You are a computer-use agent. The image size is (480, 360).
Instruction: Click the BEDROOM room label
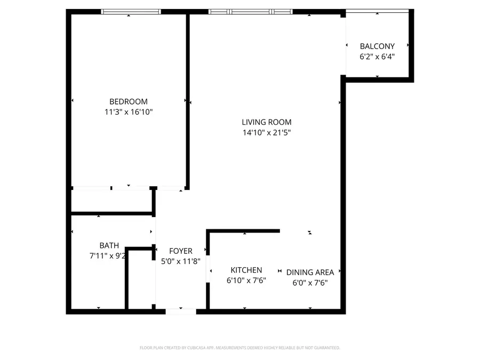point(128,101)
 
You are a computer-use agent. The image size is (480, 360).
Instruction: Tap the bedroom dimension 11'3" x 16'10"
point(128,112)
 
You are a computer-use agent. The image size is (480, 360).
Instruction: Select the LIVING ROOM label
point(266,122)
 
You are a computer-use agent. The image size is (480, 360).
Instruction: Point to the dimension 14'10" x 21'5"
point(266,133)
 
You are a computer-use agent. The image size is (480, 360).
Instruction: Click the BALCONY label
point(377,46)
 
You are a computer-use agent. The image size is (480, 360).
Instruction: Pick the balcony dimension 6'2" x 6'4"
point(377,57)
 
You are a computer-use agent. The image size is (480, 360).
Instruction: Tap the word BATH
point(109,245)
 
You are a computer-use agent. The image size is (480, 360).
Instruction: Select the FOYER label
point(180,251)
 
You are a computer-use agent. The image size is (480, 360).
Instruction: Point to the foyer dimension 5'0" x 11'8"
point(180,261)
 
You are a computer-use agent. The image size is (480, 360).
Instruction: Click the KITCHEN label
point(246,270)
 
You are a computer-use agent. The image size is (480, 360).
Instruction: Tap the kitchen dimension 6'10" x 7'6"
point(246,281)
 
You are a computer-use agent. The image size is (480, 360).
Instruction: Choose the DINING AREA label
point(310,273)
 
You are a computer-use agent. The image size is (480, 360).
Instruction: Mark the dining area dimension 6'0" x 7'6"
point(310,283)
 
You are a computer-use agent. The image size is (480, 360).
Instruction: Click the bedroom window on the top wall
point(131,11)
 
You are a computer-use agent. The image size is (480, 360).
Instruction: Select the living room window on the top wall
point(250,11)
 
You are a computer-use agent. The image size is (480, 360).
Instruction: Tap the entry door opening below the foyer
point(180,311)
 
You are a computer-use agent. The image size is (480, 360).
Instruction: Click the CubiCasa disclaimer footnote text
point(239,348)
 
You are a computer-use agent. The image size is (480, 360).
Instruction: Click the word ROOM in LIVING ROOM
point(281,122)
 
